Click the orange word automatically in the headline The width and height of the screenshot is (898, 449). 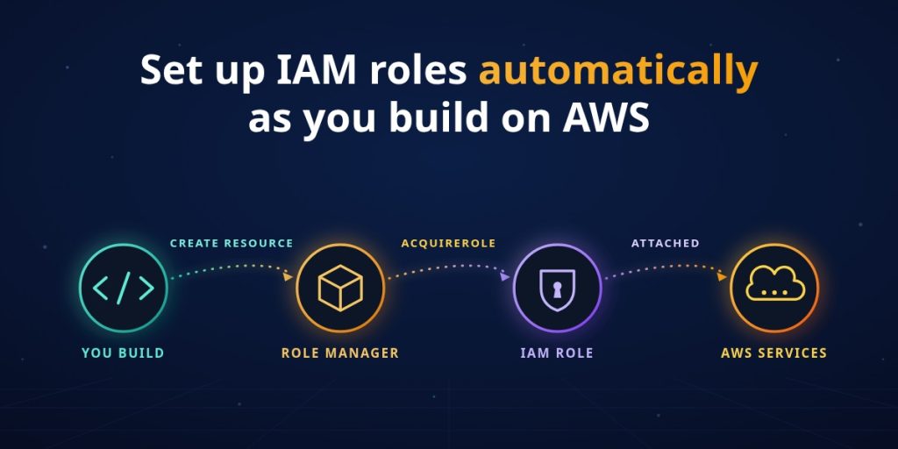(618, 72)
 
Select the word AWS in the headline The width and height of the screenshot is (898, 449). (606, 117)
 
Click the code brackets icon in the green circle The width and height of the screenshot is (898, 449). (123, 288)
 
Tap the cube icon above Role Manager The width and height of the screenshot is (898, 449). (340, 288)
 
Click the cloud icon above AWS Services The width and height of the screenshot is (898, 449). (775, 285)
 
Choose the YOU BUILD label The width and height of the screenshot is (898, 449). (123, 353)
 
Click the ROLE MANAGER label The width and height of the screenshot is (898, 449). (339, 353)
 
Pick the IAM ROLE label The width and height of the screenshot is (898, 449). (557, 353)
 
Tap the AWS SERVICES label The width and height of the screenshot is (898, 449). (773, 353)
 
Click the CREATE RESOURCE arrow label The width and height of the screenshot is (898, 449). (232, 244)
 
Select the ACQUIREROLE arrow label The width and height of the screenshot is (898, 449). (448, 244)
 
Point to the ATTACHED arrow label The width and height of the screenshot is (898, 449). (666, 244)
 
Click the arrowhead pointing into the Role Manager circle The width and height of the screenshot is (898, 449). (288, 276)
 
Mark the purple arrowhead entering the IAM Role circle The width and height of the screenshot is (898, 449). (504, 276)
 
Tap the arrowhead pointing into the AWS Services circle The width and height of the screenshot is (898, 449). (722, 276)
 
